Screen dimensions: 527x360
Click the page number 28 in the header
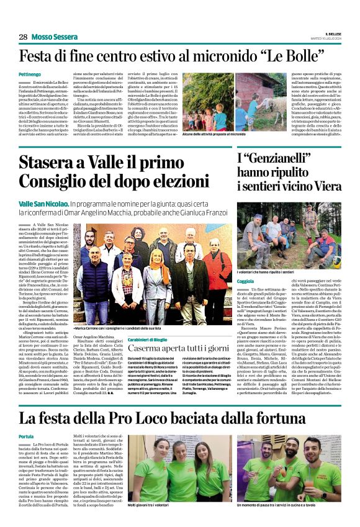click(x=22, y=37)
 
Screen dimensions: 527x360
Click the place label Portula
click(x=27, y=436)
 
